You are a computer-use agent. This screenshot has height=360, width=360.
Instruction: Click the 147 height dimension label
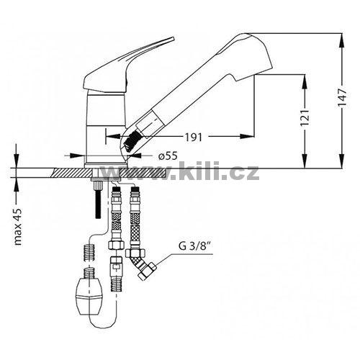(x=342, y=98)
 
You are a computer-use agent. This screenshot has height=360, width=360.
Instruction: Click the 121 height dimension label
(x=305, y=118)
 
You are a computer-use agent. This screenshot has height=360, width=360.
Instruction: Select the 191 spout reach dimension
(x=193, y=138)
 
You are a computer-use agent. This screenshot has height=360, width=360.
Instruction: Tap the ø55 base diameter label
(x=168, y=156)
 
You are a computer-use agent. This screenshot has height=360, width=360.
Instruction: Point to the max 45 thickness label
(x=18, y=227)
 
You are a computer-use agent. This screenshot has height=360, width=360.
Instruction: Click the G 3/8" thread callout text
(x=192, y=246)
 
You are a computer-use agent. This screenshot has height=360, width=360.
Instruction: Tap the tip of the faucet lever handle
(x=173, y=38)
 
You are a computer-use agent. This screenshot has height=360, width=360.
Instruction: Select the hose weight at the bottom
(x=89, y=294)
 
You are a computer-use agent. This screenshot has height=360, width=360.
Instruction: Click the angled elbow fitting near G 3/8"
(x=143, y=265)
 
